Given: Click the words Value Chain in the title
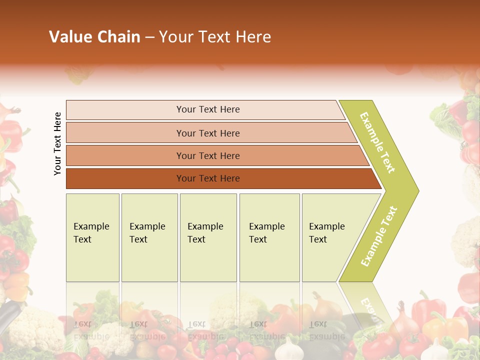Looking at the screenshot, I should pyautogui.click(x=94, y=37).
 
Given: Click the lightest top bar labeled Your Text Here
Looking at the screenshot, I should pyautogui.click(x=208, y=109).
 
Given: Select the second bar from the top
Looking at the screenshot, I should pyautogui.click(x=208, y=133).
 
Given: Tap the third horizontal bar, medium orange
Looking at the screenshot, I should pyautogui.click(x=208, y=155).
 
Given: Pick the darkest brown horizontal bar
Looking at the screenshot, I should pyautogui.click(x=208, y=178).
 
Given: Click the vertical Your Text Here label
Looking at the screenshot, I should pyautogui.click(x=58, y=143).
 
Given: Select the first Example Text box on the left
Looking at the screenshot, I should pyautogui.click(x=92, y=237).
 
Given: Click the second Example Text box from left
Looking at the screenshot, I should pyautogui.click(x=149, y=237).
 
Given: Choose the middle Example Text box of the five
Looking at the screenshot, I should pyautogui.click(x=208, y=237).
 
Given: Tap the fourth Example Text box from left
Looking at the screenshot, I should pyautogui.click(x=269, y=237).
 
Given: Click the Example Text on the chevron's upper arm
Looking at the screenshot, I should pyautogui.click(x=377, y=142).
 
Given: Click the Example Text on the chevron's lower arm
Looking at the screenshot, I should pyautogui.click(x=379, y=236).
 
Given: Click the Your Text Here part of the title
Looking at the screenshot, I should pyautogui.click(x=215, y=37).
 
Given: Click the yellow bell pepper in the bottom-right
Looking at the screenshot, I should pyautogui.click(x=445, y=327).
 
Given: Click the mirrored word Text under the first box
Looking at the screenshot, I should pyautogui.click(x=83, y=323).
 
